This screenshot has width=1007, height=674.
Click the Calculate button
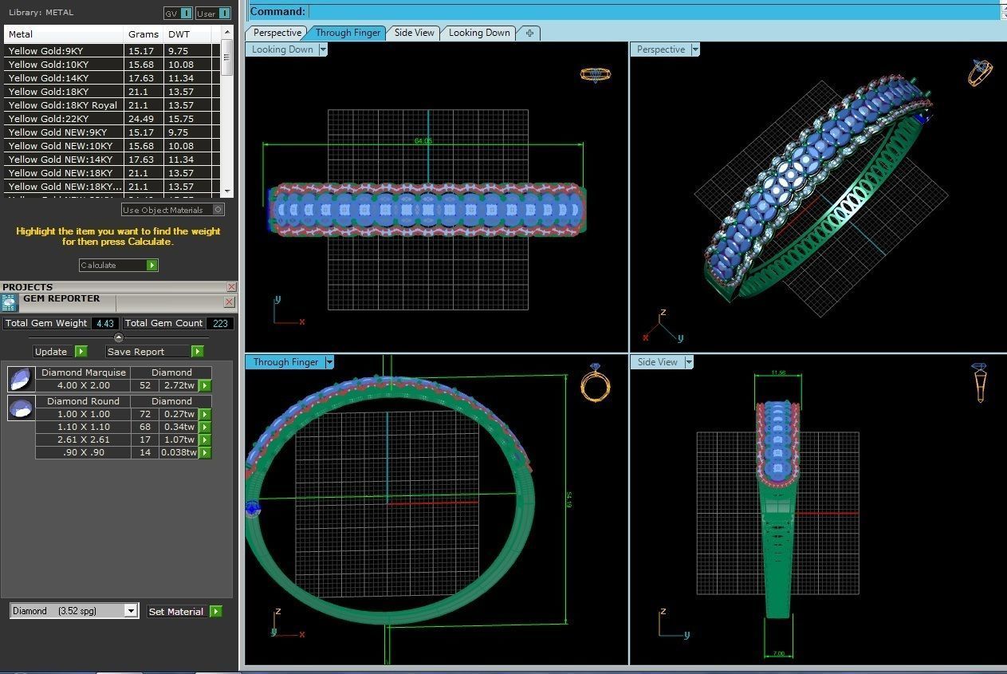coord(118,265)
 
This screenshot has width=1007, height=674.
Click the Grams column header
coord(143,34)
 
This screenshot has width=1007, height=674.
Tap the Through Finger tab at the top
coord(348,33)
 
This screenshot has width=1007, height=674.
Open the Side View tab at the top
coord(415,33)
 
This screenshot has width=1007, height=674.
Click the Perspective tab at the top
coord(277,33)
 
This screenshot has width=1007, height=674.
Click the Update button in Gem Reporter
coord(60,351)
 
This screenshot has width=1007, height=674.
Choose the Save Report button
coord(155,351)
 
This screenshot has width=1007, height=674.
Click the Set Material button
coord(184,612)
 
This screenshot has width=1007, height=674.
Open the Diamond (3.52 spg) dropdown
coord(74,611)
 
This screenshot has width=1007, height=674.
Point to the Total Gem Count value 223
coord(220,323)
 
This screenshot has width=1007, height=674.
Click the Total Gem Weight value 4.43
coord(104,323)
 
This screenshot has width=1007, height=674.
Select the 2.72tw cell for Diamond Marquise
coord(179,385)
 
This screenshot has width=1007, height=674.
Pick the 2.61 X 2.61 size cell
coord(83,439)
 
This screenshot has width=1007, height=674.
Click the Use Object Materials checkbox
coord(218,210)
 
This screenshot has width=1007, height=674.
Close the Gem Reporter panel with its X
coord(230,302)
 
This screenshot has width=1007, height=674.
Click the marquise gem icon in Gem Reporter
coord(21,378)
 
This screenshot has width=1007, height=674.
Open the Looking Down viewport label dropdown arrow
coord(323,49)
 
